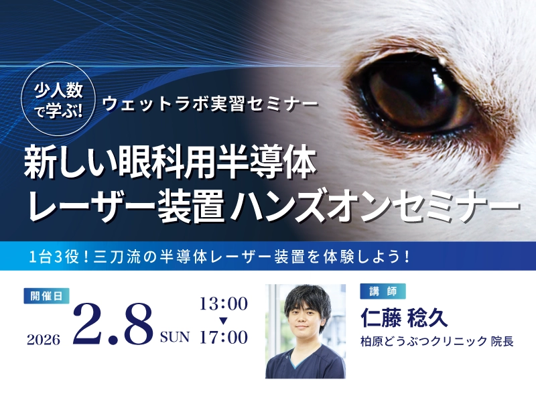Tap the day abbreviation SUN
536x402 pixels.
click(x=175, y=336)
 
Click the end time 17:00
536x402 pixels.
click(x=223, y=337)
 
